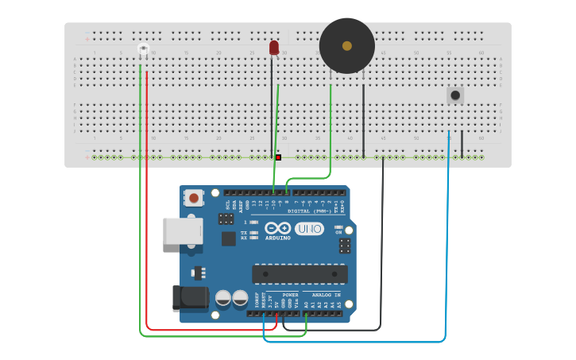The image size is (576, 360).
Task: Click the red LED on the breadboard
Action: click(x=274, y=48)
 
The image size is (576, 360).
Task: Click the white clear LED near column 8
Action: click(x=143, y=50)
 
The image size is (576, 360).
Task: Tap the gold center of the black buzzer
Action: click(x=347, y=46)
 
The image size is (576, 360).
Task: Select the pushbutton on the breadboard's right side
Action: click(x=454, y=95)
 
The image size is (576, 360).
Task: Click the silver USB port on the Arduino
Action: click(x=182, y=231)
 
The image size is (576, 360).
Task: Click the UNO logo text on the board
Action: click(x=309, y=229)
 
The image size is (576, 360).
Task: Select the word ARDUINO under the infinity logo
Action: click(x=278, y=238)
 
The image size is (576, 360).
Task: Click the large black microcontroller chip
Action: click(x=300, y=273)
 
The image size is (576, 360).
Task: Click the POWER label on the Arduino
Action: click(x=291, y=295)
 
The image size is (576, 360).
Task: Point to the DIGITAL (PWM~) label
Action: click(x=310, y=211)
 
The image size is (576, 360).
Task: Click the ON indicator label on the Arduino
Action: click(x=338, y=232)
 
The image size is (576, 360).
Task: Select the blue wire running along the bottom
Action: click(x=358, y=342)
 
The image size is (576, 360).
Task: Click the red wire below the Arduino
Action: click(x=207, y=329)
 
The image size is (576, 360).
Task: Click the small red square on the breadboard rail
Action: click(x=278, y=157)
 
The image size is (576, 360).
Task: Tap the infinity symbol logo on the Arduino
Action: click(x=278, y=228)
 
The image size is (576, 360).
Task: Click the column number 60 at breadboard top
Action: click(x=481, y=53)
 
